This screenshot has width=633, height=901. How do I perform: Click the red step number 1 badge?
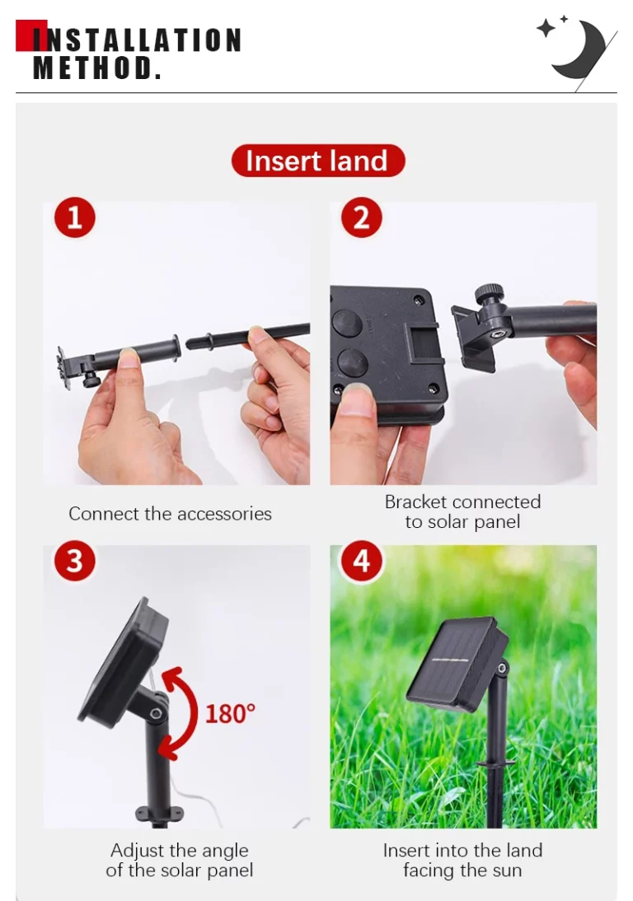[x=75, y=217]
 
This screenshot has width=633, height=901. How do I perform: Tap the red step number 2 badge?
[x=362, y=217]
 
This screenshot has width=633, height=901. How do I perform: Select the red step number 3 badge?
[x=75, y=561]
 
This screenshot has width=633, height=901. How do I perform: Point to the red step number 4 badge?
[x=362, y=561]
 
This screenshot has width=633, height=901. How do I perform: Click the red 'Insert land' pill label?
[x=318, y=161]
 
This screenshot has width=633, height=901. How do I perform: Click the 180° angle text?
[x=230, y=714]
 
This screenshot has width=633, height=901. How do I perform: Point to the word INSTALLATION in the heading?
[x=137, y=40]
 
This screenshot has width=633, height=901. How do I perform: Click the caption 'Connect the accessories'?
[x=170, y=514]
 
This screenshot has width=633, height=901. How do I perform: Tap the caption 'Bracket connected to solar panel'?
[x=463, y=511]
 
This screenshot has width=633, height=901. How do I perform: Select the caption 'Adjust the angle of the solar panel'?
[x=180, y=860]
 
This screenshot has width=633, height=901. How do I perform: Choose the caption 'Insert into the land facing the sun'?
[x=463, y=860]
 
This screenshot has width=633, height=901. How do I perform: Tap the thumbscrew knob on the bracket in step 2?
[x=490, y=293]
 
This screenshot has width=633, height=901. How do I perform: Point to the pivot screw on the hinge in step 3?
[x=155, y=713]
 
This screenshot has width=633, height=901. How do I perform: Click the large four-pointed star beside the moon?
[x=546, y=28]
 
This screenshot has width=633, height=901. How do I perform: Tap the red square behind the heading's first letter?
[x=31, y=35]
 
